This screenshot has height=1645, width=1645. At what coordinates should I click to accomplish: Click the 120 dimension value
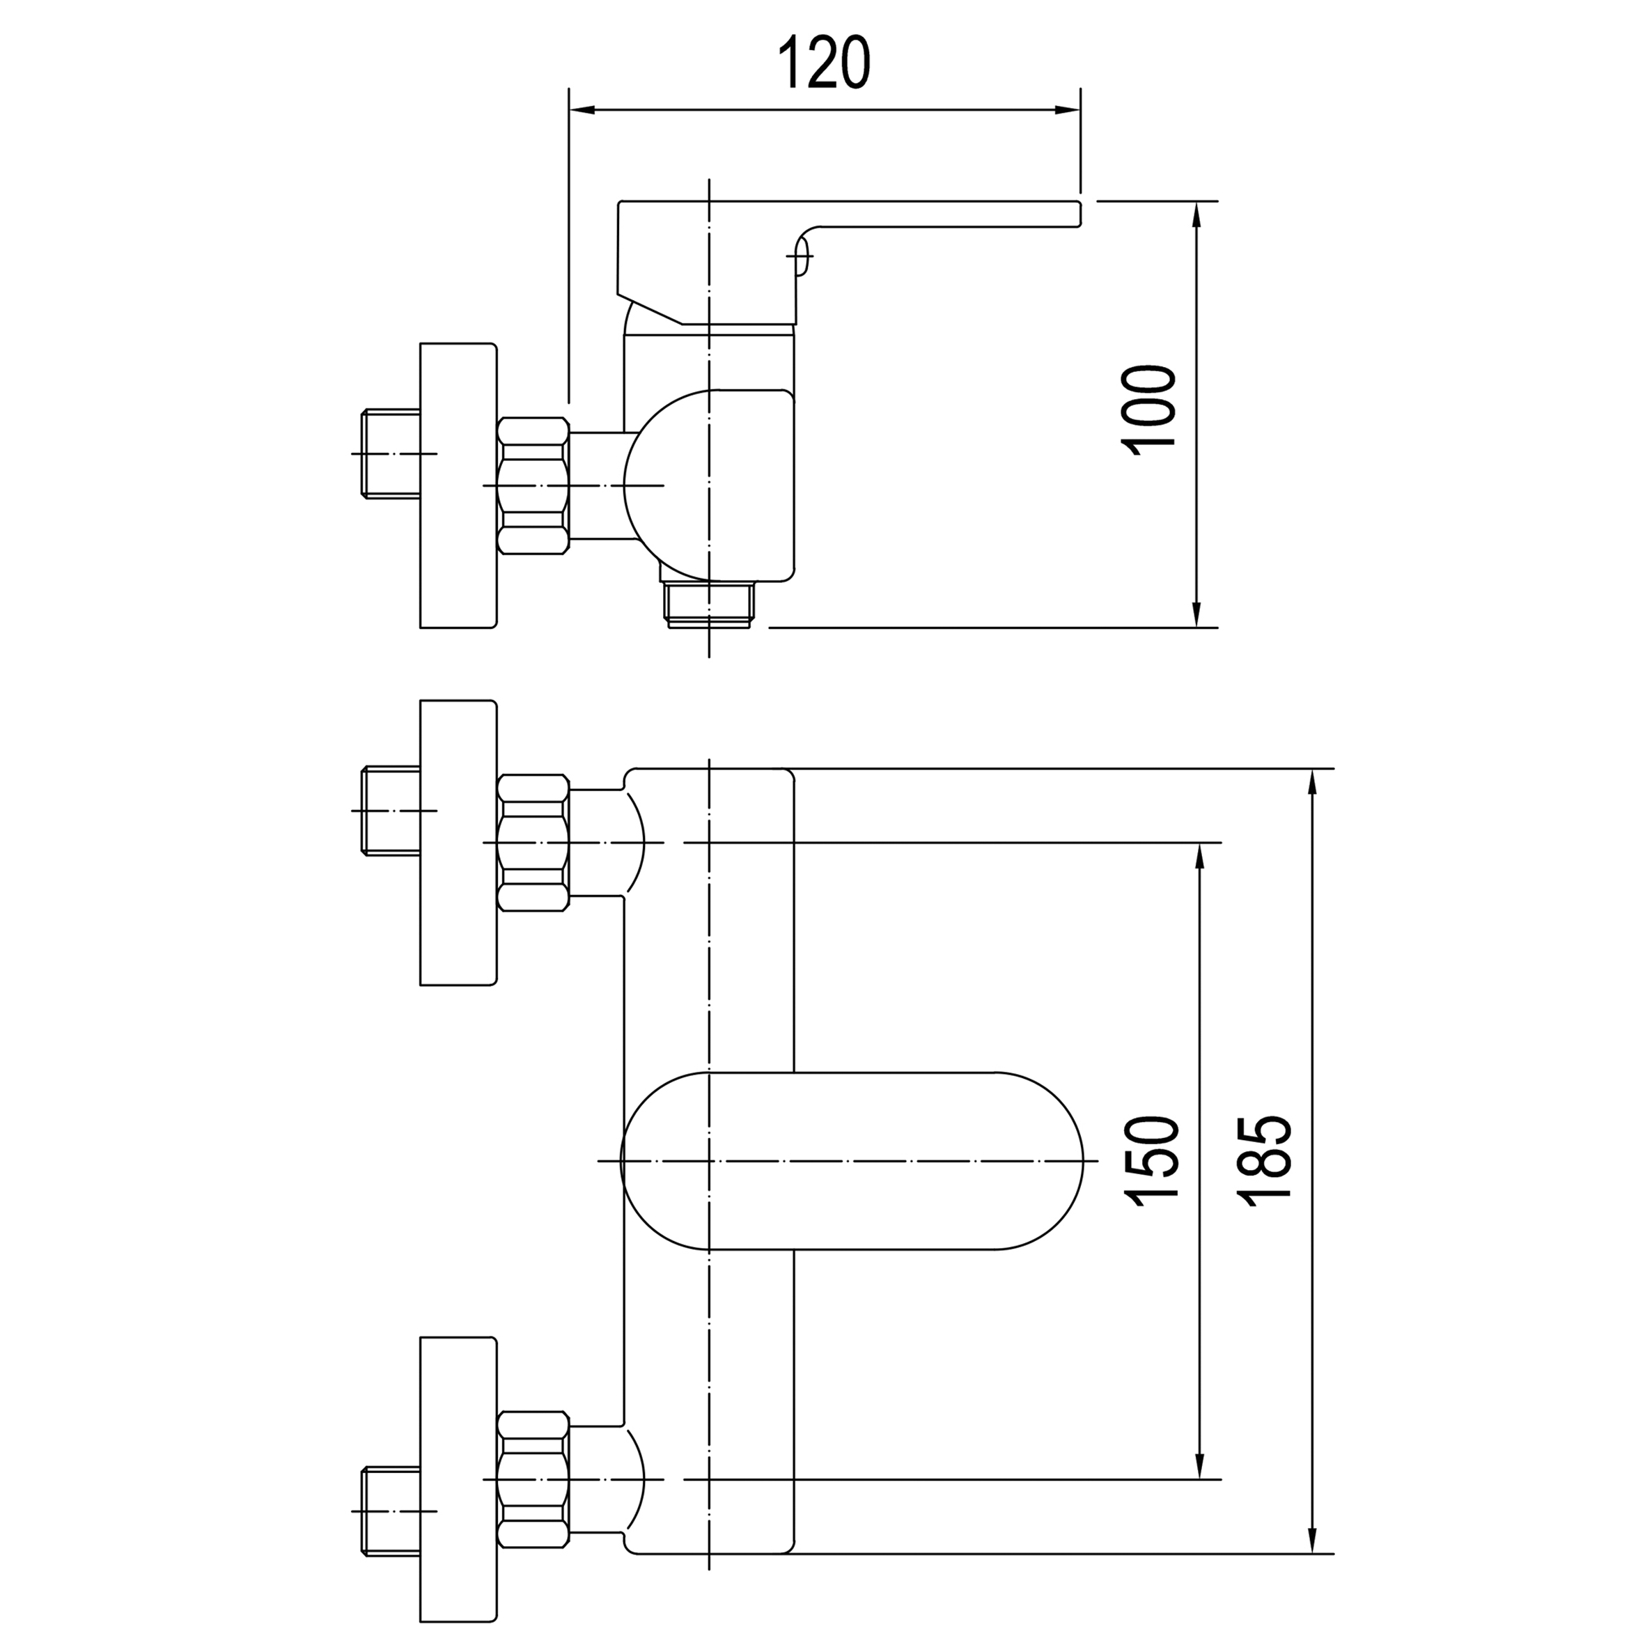pyautogui.click(x=824, y=62)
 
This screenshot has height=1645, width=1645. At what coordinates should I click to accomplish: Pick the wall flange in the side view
pyautogui.click(x=458, y=485)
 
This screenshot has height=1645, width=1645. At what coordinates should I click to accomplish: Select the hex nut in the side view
pyautogui.click(x=532, y=485)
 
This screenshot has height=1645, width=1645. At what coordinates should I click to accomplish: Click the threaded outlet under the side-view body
pyautogui.click(x=708, y=605)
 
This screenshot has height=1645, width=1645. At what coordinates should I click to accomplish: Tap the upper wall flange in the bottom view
pyautogui.click(x=458, y=842)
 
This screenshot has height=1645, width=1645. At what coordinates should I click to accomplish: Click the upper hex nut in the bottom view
pyautogui.click(x=532, y=842)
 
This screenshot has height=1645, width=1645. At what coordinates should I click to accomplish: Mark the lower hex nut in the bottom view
pyautogui.click(x=532, y=1479)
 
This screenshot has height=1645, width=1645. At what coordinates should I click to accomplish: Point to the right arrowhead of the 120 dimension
pyautogui.click(x=1068, y=110)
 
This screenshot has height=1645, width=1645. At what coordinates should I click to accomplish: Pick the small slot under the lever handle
pyautogui.click(x=800, y=255)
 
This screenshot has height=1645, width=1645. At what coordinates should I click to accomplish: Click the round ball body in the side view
pyautogui.click(x=673, y=485)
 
